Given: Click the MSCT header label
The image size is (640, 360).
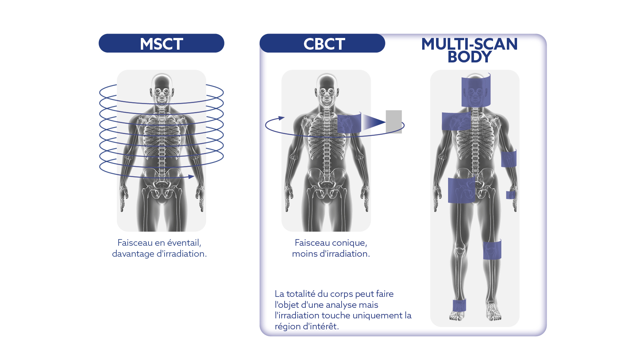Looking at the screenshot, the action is tap(161, 44).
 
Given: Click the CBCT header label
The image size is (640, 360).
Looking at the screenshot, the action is tap(324, 44).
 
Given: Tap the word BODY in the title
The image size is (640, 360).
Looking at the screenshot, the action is tap(470, 57).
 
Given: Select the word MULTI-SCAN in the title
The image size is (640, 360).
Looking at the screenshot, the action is tap(470, 44).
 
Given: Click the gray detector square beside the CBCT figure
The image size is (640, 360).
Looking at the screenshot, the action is tap(394, 122).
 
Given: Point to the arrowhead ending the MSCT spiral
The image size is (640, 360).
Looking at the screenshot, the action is tap(191, 177).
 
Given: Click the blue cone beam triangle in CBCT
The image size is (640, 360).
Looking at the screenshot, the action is tap(373, 122).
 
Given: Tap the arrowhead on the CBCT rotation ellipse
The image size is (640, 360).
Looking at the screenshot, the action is tap(281, 118).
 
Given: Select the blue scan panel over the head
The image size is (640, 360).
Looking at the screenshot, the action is tap(476, 90).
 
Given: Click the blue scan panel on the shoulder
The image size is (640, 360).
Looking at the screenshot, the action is tap(456, 121).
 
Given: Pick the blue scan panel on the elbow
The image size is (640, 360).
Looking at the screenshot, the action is tap(509, 158).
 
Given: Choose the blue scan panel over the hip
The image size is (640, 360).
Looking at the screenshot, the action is tap(462, 190).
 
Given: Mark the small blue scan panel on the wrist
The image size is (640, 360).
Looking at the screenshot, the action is tap(511, 195).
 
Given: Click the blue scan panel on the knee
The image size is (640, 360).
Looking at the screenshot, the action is tap(492, 250).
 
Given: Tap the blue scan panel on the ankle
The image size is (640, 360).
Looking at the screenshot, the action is tap(459, 305).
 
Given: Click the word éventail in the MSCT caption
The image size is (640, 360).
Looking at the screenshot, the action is tap(184, 243).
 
